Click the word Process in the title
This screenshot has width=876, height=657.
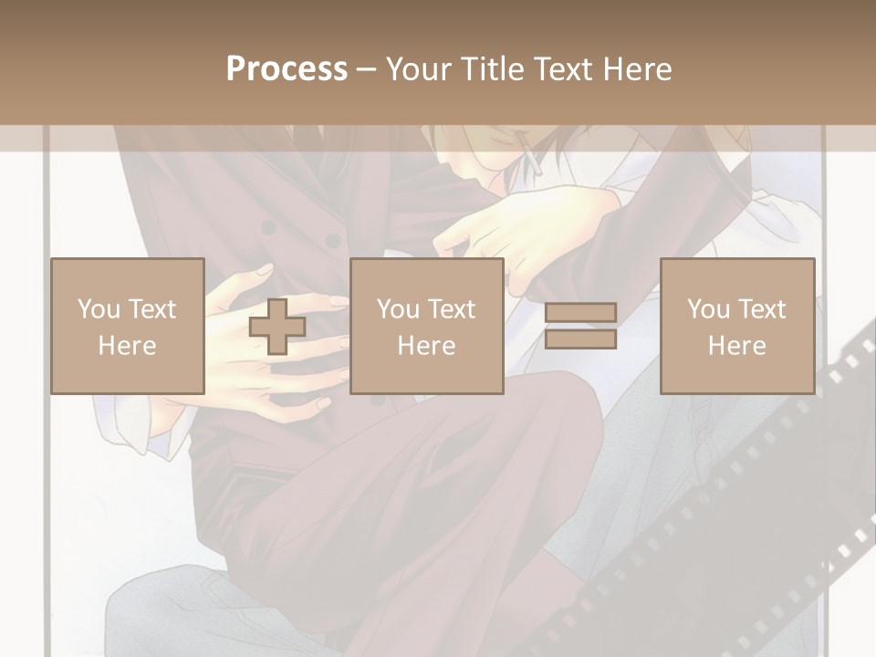pos(287,69)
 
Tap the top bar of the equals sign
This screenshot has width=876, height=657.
pos(580,313)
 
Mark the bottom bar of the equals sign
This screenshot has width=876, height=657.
pos(580,339)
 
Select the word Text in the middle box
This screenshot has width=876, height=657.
pos(451,309)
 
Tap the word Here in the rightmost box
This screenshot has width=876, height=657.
pos(737,346)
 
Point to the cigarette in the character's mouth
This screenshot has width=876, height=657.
pos(529,160)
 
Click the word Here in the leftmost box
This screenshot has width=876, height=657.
pos(128,346)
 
